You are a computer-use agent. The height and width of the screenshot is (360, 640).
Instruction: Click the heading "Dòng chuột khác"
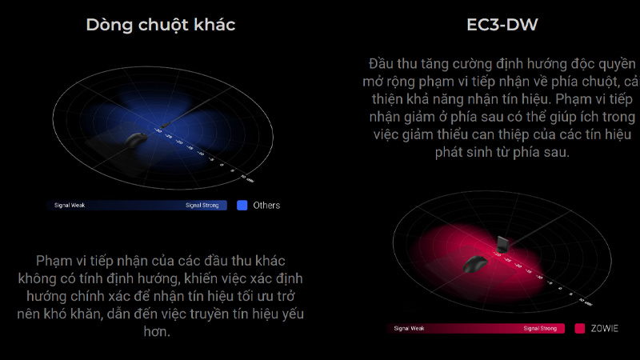[160, 25]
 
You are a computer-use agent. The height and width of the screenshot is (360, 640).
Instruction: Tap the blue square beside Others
[242, 205]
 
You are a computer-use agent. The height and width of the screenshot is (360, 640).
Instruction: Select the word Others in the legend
[266, 206]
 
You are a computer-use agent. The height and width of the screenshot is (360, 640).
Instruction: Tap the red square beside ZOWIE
[580, 328]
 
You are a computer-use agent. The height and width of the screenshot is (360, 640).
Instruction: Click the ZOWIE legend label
[606, 328]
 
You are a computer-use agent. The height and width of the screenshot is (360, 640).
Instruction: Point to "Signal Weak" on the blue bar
[70, 206]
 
